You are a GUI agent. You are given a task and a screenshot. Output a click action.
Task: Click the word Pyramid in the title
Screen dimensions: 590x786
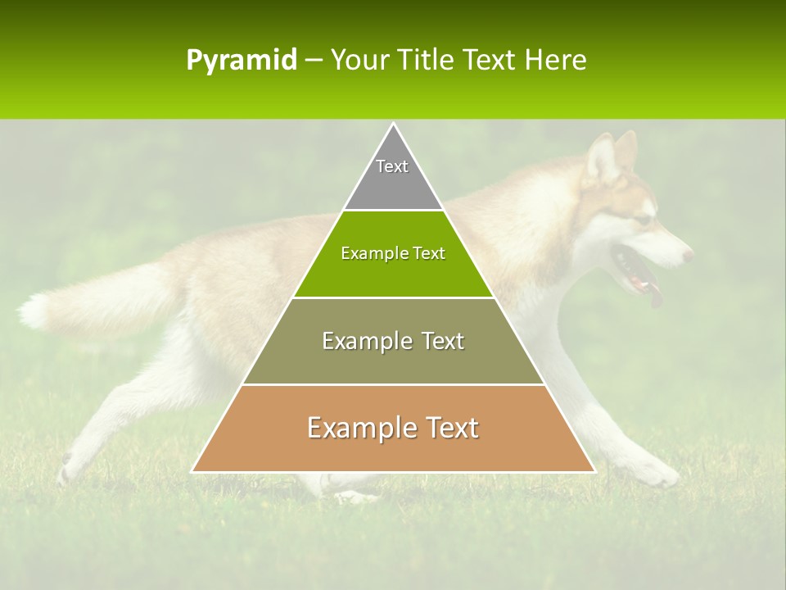tap(241, 61)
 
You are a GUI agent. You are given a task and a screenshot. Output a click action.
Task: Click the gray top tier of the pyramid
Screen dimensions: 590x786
tap(393, 184)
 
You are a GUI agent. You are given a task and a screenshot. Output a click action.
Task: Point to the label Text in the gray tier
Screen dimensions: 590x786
tap(392, 166)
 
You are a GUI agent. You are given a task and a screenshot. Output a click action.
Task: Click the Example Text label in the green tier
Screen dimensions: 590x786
tap(393, 253)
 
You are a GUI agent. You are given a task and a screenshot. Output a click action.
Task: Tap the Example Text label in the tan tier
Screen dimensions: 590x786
tap(393, 428)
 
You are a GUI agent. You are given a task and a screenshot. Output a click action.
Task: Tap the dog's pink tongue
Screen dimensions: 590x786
tap(655, 295)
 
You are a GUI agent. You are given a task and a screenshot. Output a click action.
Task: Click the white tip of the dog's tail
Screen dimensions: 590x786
tap(34, 311)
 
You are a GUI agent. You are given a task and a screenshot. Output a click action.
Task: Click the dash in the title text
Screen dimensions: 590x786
tap(314, 61)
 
